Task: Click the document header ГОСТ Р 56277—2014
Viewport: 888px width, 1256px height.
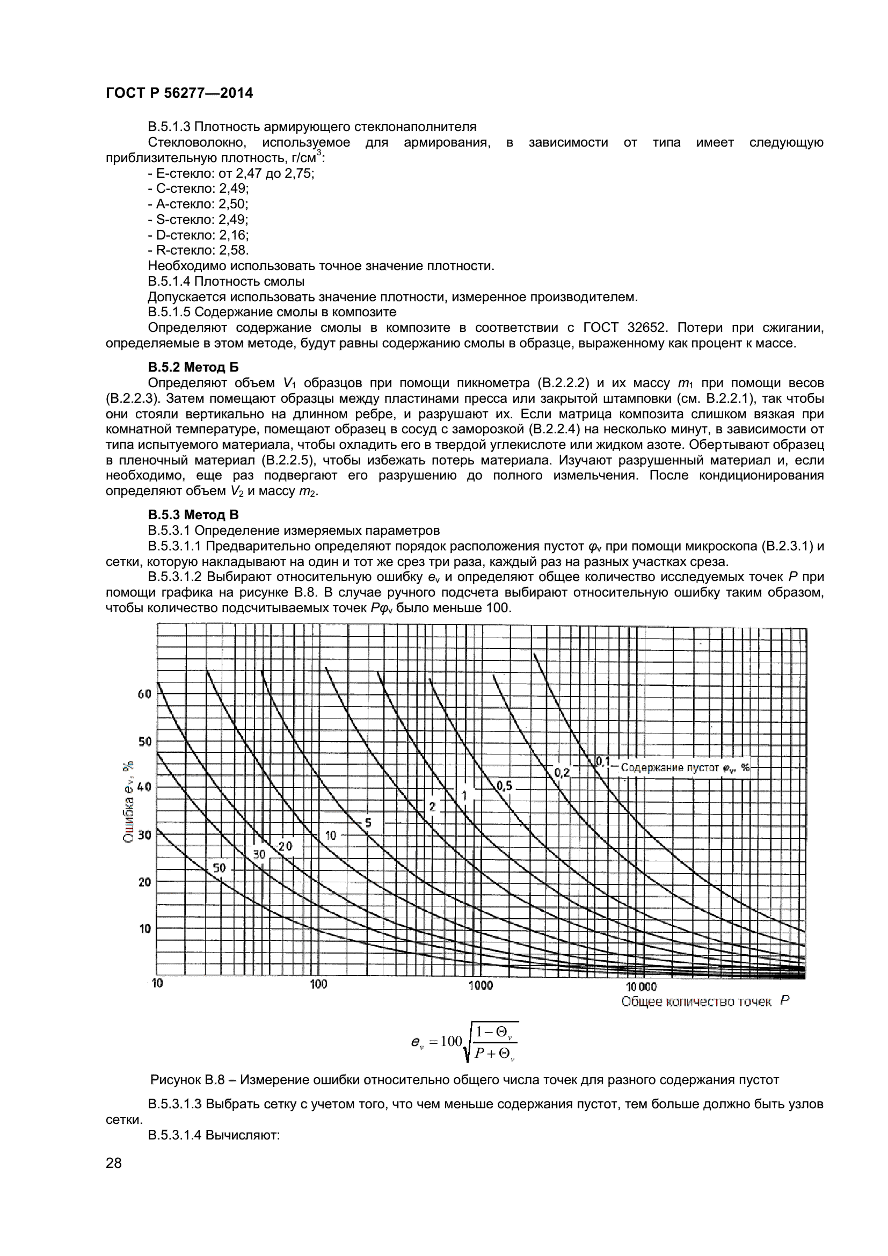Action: click(179, 93)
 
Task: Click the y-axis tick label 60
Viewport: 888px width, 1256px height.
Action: click(144, 694)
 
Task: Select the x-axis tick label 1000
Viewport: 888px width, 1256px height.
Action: click(481, 985)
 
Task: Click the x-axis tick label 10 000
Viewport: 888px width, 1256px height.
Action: click(641, 986)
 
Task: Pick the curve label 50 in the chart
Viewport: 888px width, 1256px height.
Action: click(219, 868)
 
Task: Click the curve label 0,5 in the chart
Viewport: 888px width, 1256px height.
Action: click(504, 786)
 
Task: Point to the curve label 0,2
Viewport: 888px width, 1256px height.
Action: click(562, 772)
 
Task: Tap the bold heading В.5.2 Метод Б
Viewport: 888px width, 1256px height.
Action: click(193, 367)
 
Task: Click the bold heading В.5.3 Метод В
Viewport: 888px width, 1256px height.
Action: click(193, 515)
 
